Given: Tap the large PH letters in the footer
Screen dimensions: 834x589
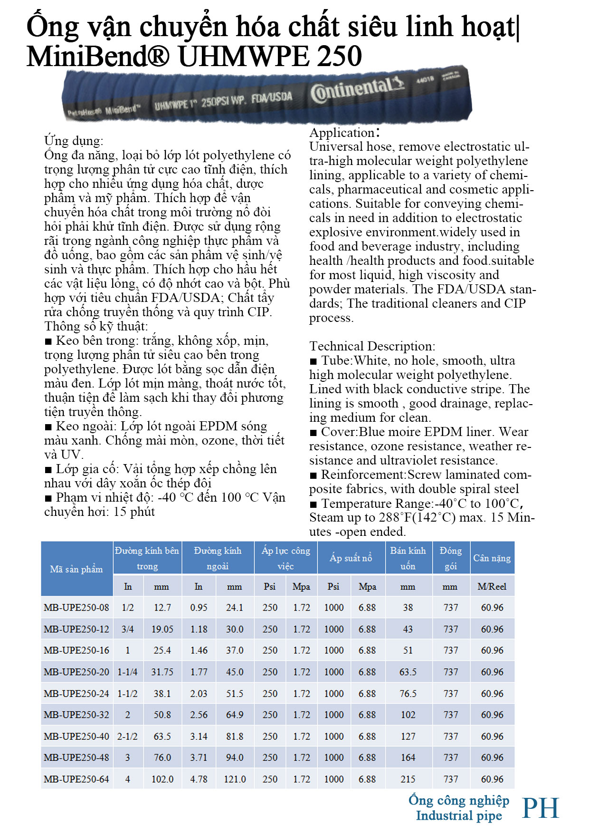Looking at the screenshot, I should (541, 808).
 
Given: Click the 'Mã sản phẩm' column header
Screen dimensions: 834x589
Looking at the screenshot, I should (76, 569).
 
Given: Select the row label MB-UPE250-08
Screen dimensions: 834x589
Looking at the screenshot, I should (76, 607).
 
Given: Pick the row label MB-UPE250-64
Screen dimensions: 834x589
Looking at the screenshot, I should (76, 779).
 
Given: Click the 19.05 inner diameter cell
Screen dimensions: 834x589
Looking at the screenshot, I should (162, 629).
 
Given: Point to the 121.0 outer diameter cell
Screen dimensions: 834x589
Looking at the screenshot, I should (235, 779).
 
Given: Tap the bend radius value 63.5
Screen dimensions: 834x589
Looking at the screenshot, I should (408, 672).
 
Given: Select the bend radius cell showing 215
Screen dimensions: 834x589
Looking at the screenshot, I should (408, 779).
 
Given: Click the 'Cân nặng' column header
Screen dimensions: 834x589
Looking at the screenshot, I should (492, 558).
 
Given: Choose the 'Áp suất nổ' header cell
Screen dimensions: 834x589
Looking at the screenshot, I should (351, 558).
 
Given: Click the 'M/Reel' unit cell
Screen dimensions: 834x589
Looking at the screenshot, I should (492, 586).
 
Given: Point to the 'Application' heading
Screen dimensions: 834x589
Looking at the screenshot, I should (342, 133).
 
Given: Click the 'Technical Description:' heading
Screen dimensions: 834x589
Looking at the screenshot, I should (372, 346).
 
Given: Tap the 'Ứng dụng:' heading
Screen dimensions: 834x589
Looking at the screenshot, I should (74, 141).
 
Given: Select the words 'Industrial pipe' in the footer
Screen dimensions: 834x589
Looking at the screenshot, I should (459, 816).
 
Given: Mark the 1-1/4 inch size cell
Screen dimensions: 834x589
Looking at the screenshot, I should (127, 672).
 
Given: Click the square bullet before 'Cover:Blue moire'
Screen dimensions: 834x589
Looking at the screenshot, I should (313, 433).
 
